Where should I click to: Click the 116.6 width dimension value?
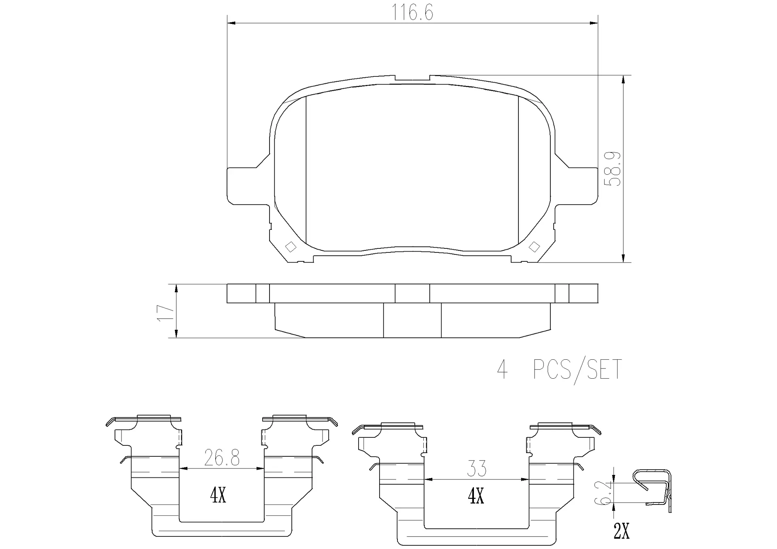412,13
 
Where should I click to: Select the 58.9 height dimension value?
612,169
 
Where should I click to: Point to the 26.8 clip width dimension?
222,458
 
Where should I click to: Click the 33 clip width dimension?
476,469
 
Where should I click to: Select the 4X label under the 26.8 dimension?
218,495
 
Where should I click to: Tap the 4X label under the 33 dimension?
476,496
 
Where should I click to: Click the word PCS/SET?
577,370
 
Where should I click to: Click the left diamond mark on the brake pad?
291,247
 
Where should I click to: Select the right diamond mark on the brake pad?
534,247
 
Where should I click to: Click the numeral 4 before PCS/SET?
502,370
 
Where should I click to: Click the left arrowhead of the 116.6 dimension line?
231,23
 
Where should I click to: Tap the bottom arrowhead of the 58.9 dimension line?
624,259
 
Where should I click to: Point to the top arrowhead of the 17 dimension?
176,288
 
